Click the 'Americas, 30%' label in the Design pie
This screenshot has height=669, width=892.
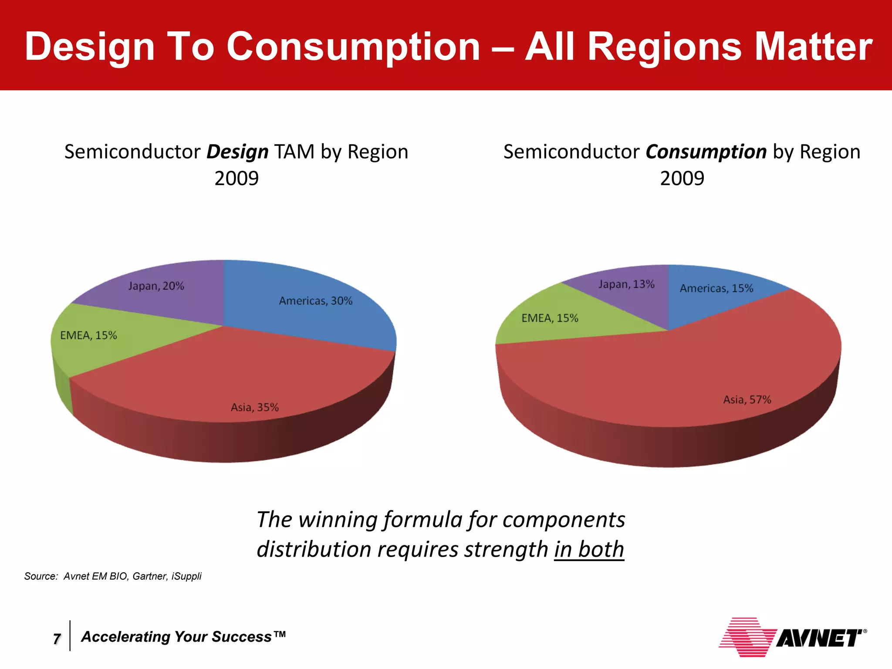(x=315, y=301)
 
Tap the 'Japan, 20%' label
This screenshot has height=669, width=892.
(x=156, y=286)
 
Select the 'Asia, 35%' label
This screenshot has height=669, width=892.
(x=254, y=407)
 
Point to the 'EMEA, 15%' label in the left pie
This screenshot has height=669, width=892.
(x=88, y=335)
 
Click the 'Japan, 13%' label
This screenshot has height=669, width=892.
(x=626, y=284)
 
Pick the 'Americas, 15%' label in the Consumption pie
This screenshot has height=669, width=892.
(x=716, y=288)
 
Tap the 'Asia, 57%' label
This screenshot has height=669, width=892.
(x=747, y=399)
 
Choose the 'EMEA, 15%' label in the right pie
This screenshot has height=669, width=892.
(x=550, y=318)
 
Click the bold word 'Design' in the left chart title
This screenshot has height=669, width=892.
(x=237, y=152)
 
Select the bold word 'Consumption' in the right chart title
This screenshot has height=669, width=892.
(x=706, y=152)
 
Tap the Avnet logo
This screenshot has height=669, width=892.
(x=792, y=637)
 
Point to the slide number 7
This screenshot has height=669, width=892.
(x=57, y=639)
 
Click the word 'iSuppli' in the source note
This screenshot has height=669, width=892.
(x=186, y=576)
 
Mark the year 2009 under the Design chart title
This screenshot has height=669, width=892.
(x=237, y=178)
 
